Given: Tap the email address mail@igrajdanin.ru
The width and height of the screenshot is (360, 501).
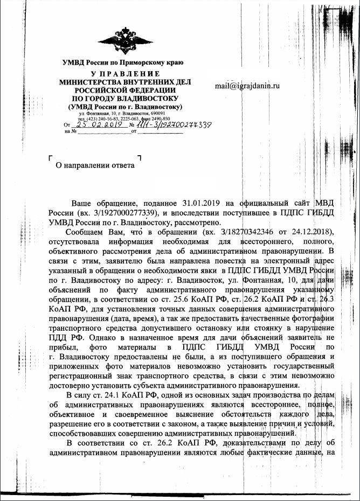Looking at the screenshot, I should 247,86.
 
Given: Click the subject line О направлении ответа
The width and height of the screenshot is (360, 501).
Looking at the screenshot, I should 95,165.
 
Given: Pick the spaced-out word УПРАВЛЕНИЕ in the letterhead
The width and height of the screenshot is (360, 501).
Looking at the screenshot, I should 125,73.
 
